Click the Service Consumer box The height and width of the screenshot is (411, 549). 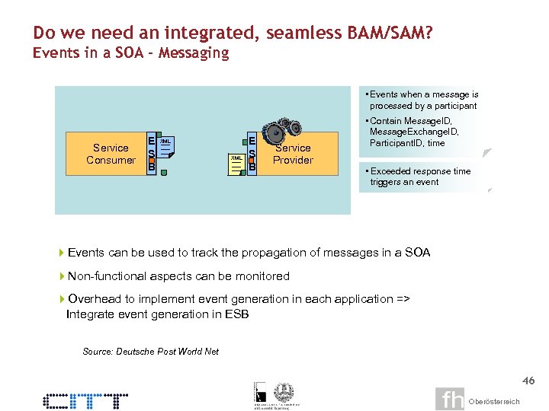point(111,154)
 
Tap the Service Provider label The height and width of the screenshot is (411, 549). point(293,155)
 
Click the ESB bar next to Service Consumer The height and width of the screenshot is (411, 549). point(152,154)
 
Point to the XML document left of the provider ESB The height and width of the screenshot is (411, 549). point(237,162)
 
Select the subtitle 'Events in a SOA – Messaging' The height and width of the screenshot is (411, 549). point(130,53)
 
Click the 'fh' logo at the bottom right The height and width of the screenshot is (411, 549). point(450,399)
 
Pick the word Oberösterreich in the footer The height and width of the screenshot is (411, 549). point(494,401)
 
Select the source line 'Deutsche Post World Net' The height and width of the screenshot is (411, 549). point(150,351)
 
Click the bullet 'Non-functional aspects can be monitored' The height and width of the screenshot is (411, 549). point(178,276)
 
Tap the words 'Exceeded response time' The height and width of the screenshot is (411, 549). point(420,171)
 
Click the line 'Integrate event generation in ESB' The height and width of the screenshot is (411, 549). point(158,314)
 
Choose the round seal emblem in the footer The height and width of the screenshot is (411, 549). point(284,390)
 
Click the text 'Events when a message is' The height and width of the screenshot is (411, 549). point(424,94)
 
